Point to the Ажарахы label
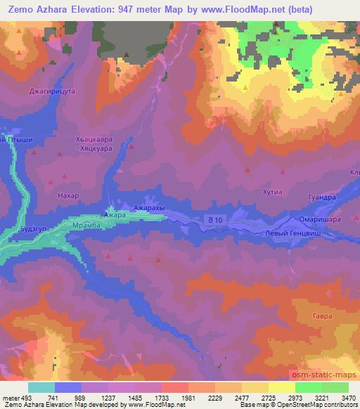[x=148, y=209]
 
